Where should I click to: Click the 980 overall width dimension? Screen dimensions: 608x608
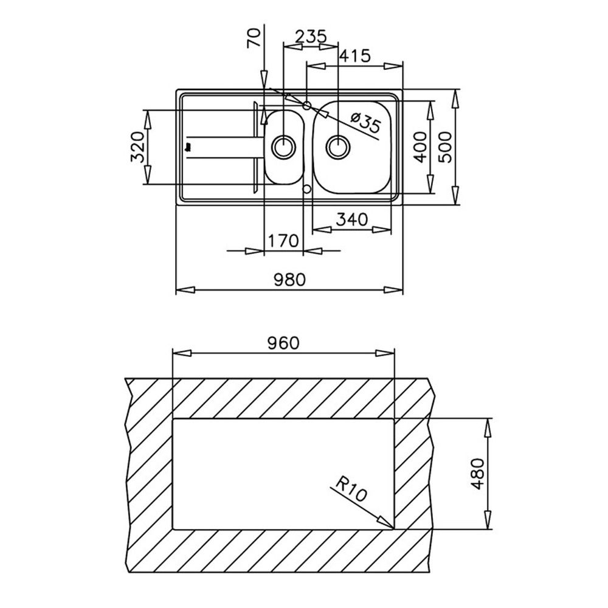pos(289,279)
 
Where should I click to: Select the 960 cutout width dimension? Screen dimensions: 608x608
pos(283,343)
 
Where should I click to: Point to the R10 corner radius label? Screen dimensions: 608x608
pos(351,489)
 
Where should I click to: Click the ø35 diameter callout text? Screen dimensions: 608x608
pos(365,122)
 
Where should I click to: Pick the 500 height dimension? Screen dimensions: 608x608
pos(446,147)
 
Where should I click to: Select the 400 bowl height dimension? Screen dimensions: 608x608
pos(420,147)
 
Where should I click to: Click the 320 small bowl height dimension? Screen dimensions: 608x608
pos(138,147)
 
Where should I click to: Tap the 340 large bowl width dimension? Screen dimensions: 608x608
pos(351,220)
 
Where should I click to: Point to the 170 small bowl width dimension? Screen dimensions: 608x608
pos(283,241)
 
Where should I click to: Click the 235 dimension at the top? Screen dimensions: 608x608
pos(311,37)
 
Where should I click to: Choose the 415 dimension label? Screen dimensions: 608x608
pos(355,56)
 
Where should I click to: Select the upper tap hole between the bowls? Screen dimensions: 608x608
pos(307,105)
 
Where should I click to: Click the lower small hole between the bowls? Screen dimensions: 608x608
pos(307,189)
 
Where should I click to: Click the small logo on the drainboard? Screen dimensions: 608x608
pos(189,147)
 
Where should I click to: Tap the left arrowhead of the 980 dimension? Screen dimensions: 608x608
pos(185,290)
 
